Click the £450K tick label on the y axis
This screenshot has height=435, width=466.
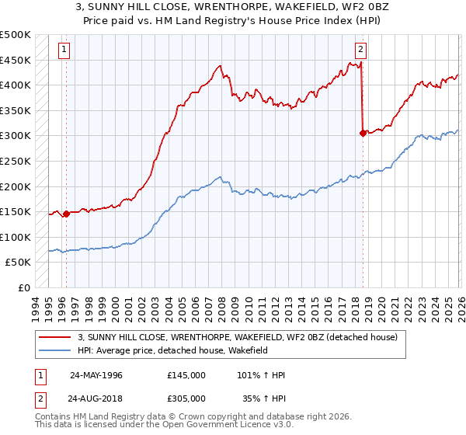point(16,60)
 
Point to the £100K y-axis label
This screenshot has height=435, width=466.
point(16,237)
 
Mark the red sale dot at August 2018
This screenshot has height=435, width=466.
point(363,134)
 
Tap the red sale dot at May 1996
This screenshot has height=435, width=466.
point(66,214)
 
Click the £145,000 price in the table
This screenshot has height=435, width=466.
point(186,375)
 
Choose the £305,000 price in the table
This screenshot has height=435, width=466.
point(186,397)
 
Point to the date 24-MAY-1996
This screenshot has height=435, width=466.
point(96,375)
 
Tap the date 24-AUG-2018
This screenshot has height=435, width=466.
point(96,397)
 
